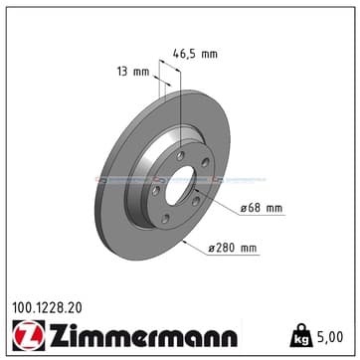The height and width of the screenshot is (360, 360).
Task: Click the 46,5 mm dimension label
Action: [196, 54]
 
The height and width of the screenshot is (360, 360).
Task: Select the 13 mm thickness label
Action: [133, 72]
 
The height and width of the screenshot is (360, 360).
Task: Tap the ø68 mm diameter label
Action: [262, 208]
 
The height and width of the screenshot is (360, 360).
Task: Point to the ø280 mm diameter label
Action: [233, 248]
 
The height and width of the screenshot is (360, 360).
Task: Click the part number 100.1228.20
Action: [47, 308]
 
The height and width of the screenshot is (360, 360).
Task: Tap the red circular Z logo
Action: [29, 335]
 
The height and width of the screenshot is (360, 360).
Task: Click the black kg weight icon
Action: [301, 336]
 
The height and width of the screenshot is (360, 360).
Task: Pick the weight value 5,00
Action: [329, 337]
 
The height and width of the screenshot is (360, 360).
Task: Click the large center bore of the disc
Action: [179, 185]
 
